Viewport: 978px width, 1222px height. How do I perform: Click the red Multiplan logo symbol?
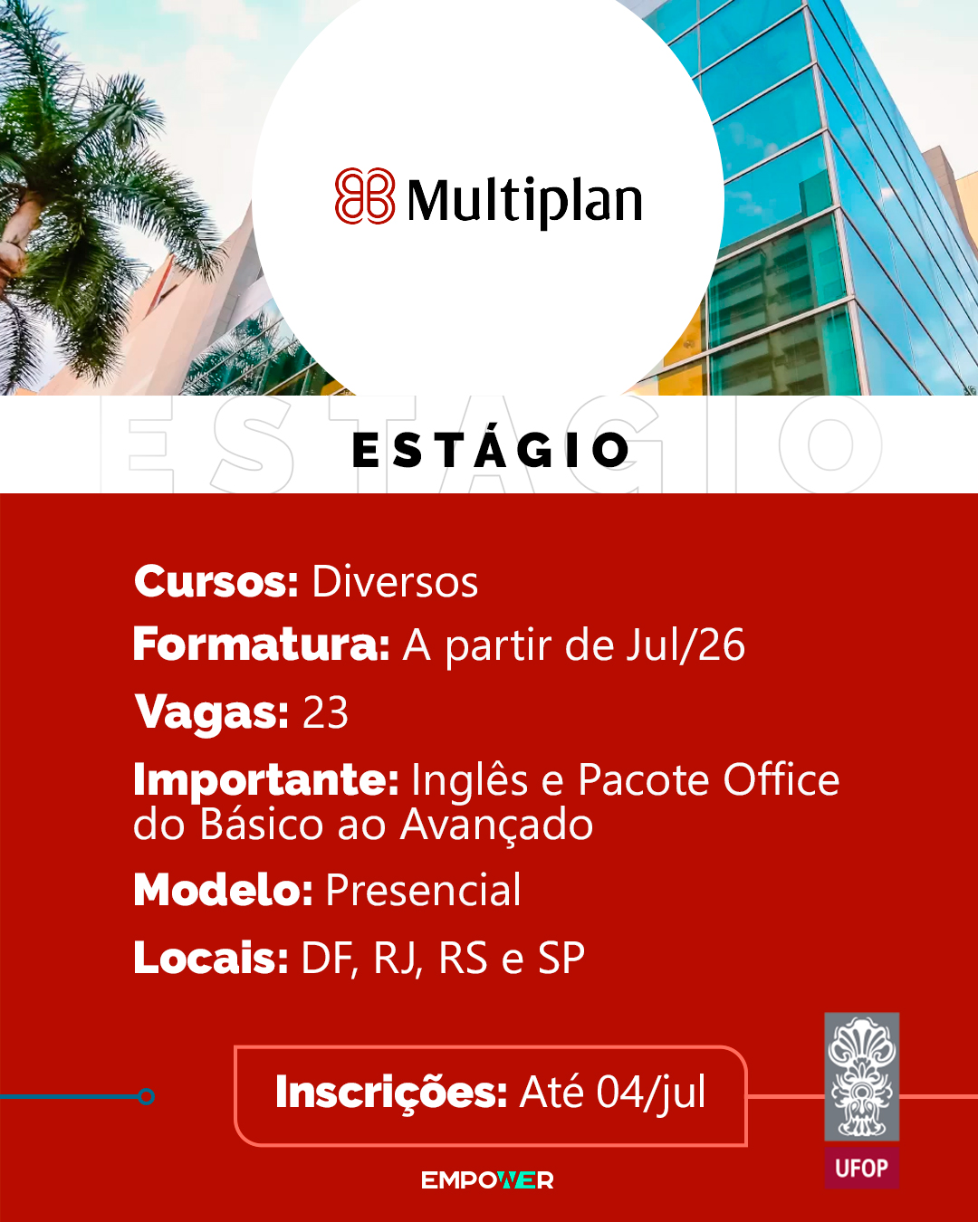365,196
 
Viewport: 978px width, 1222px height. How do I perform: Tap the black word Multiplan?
525,202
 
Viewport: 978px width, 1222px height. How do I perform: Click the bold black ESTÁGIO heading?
491,450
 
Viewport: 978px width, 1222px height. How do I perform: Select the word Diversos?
395,582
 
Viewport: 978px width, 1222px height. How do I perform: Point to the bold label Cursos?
216,582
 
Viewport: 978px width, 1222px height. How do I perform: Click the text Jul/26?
686,645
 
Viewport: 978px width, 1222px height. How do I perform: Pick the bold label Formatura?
262,644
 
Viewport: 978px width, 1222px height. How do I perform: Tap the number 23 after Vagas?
325,712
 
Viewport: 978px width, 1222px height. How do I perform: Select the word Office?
781,779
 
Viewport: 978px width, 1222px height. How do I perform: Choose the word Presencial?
423,891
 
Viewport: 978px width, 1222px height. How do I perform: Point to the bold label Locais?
211,958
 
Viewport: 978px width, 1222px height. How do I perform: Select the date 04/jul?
651,1092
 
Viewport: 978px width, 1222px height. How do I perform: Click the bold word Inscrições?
391,1092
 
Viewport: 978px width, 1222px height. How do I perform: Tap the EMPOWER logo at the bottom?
487,1180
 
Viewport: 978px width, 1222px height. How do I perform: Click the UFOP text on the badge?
861,1168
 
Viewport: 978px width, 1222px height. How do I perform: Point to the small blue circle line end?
146,1096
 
